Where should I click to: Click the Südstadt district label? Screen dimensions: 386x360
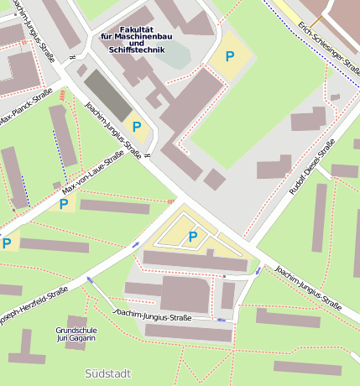point(108,372)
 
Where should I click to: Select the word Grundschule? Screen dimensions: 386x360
point(76,331)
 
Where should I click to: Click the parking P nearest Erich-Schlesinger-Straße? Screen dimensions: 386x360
point(229,57)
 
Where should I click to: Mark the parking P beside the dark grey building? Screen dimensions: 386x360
point(138,128)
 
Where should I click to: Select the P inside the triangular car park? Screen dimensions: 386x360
point(192,237)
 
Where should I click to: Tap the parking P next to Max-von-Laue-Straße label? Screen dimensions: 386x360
point(64,202)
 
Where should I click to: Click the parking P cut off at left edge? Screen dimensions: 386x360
point(7,243)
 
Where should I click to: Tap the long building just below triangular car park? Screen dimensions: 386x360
point(195,261)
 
